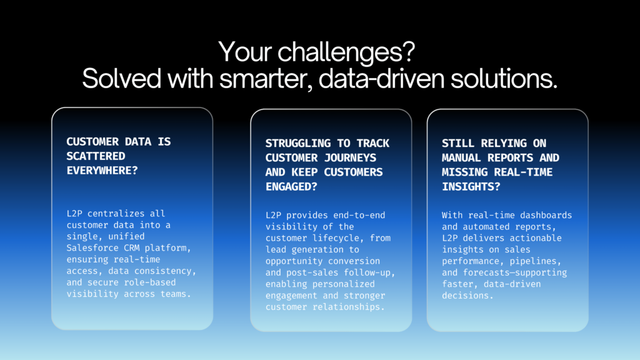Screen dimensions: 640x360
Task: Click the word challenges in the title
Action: pyautogui.click(x=346, y=52)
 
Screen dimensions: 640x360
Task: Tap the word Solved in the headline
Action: pyautogui.click(x=122, y=78)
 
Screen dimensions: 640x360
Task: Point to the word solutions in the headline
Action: pyautogui.click(x=504, y=78)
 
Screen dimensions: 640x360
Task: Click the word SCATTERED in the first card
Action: pyautogui.click(x=96, y=156)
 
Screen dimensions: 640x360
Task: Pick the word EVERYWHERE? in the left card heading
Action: pyautogui.click(x=102, y=171)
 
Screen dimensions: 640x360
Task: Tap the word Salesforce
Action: pyautogui.click(x=92, y=247)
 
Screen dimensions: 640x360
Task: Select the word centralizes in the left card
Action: pyautogui.click(x=116, y=214)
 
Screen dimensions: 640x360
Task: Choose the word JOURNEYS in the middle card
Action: pyautogui.click(x=350, y=157)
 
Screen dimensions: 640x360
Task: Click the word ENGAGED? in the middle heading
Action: pyautogui.click(x=291, y=186)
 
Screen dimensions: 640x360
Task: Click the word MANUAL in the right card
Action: pyautogui.click(x=461, y=157)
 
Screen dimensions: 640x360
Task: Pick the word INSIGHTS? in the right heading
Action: pyautogui.click(x=471, y=186)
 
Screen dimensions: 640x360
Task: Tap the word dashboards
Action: pyautogui.click(x=546, y=215)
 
